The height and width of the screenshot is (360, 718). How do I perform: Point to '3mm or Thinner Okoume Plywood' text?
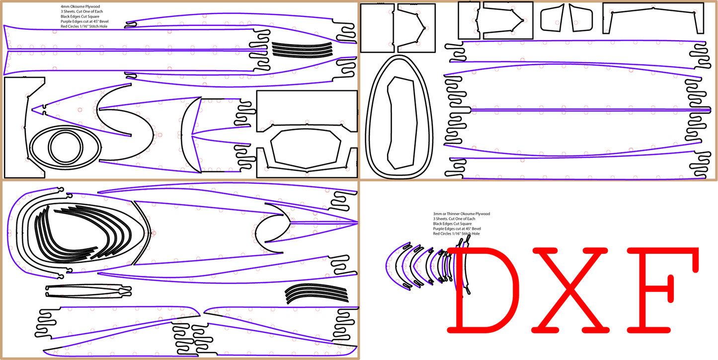point(461,214)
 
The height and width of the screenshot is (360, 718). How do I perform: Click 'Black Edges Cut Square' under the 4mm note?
point(80,16)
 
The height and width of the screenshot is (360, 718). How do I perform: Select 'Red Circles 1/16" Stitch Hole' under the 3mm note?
point(456,233)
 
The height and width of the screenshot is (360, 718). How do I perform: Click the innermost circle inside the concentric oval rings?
point(65,149)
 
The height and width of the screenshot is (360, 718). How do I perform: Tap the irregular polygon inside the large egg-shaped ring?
point(401,122)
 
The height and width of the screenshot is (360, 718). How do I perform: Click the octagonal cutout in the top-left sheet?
point(306,149)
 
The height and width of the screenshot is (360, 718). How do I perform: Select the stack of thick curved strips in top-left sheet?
point(302,49)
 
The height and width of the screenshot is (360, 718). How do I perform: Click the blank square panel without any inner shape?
point(377,28)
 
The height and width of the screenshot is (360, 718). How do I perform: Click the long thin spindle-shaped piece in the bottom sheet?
point(88,291)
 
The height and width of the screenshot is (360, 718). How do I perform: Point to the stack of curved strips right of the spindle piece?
point(316,293)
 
